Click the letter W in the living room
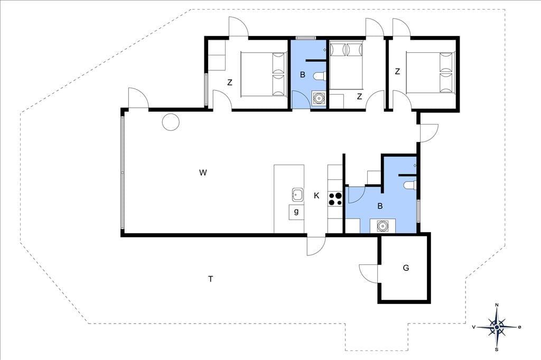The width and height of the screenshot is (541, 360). click(x=203, y=173)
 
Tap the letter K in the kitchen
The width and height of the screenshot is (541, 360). click(x=316, y=196)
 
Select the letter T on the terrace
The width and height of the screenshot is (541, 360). click(x=210, y=279)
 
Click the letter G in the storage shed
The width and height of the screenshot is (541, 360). click(x=406, y=268)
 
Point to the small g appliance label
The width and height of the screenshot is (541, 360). click(x=296, y=211)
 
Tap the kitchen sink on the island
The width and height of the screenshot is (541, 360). click(x=297, y=195)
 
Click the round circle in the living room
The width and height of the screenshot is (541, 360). click(x=171, y=122)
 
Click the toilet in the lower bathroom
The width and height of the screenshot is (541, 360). click(x=410, y=185)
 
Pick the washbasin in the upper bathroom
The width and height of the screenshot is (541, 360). click(x=319, y=99)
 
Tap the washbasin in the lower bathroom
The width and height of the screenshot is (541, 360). click(x=383, y=226)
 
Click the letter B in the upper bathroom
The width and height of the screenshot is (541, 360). click(x=303, y=74)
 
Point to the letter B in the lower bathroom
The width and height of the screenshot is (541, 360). click(x=380, y=206)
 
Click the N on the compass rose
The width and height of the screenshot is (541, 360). click(x=497, y=305)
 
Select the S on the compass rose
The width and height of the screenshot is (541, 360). click(x=497, y=349)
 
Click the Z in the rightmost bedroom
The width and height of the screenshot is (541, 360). click(x=397, y=72)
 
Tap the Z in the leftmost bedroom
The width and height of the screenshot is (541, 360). click(x=230, y=83)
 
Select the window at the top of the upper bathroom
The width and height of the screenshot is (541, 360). click(x=306, y=38)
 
